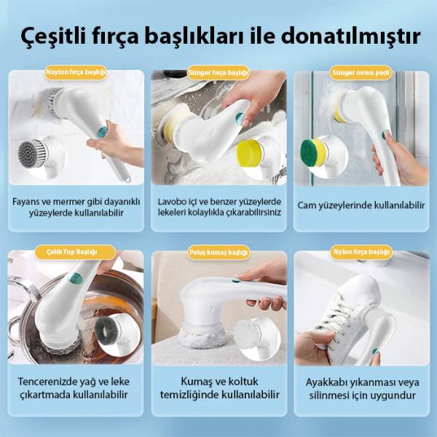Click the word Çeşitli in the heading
(53, 36)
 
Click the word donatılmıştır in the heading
(351, 36)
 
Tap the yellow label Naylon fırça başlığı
(76, 72)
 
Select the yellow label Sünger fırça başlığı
(219, 73)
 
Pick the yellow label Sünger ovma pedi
(361, 73)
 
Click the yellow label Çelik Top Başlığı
(76, 252)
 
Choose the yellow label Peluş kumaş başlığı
(219, 253)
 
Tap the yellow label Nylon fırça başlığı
(361, 252)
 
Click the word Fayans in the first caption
(26, 202)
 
